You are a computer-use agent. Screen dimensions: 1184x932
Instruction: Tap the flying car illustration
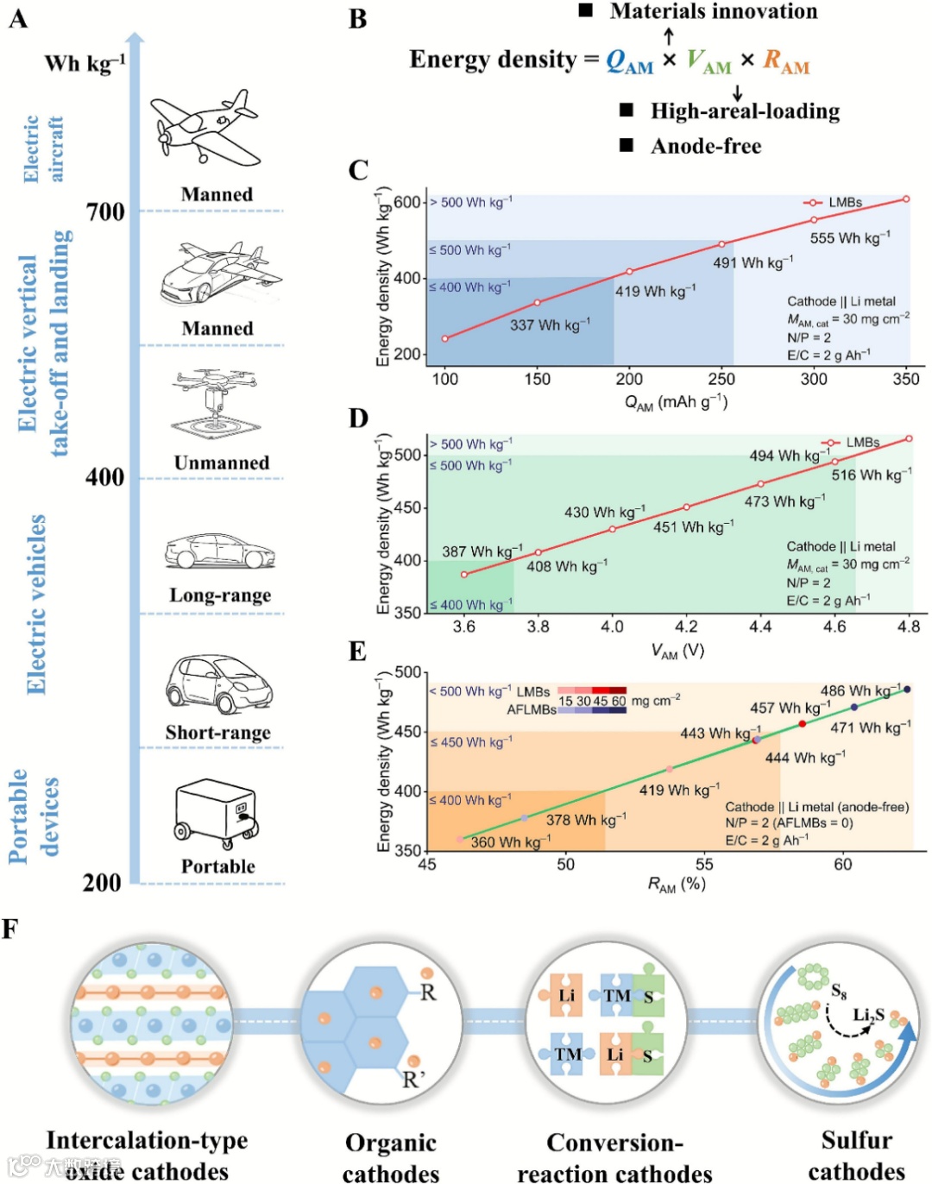[x=220, y=273]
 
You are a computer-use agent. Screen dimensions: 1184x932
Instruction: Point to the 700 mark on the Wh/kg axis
[x=105, y=211]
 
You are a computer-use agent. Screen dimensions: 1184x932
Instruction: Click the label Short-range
[x=218, y=733]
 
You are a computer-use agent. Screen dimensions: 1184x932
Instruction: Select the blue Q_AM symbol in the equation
[x=629, y=61]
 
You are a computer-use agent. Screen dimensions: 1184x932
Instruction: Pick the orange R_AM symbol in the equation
[x=786, y=61]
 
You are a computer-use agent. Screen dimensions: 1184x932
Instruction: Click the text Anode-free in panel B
[x=706, y=146]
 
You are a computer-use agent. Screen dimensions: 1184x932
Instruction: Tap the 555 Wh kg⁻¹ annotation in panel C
[x=849, y=237]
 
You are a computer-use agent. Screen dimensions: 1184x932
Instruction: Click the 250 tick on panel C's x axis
[x=721, y=379]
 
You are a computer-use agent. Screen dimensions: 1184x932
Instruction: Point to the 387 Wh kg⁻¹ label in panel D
[x=482, y=551]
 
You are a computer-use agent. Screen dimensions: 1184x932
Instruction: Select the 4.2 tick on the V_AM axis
[x=686, y=627]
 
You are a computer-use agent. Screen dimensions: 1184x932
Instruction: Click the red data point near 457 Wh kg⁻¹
[x=803, y=723]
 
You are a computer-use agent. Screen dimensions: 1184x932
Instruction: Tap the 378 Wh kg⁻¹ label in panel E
[x=586, y=819]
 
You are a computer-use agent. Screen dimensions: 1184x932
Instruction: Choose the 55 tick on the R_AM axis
[x=704, y=864]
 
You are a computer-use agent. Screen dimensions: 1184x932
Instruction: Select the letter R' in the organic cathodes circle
[x=414, y=1079]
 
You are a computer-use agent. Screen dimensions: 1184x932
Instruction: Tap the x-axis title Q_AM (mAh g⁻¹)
[x=676, y=402]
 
